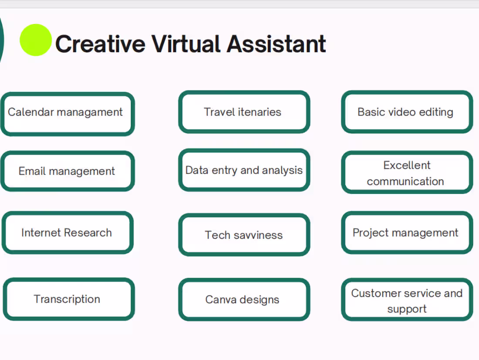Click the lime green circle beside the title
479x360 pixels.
pyautogui.click(x=36, y=40)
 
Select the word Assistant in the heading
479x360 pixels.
pyautogui.click(x=276, y=44)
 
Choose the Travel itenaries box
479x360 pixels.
pyautogui.click(x=244, y=112)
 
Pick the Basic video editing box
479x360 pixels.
pyautogui.click(x=407, y=112)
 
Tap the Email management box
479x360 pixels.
pyautogui.click(x=67, y=171)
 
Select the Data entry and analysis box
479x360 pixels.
pyautogui.click(x=244, y=170)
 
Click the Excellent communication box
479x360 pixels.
pyautogui.click(x=407, y=173)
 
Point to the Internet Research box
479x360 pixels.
pyautogui.click(x=67, y=233)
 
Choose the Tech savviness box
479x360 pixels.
pyautogui.click(x=244, y=235)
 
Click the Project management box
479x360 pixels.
pyautogui.click(x=407, y=233)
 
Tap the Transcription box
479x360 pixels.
pyautogui.click(x=68, y=299)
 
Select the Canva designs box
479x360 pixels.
pyautogui.click(x=244, y=299)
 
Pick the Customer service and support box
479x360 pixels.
pyautogui.click(x=407, y=300)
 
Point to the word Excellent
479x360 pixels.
pyautogui.click(x=407, y=165)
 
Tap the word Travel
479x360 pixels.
pyautogui.click(x=219, y=112)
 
